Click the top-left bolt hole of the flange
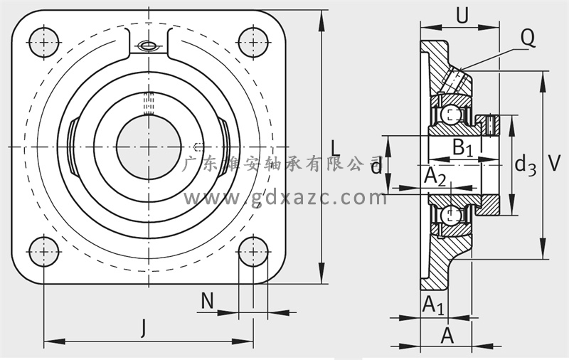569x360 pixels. click(44, 42)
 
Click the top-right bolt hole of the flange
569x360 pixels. click(253, 42)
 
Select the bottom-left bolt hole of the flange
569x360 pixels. click(44, 251)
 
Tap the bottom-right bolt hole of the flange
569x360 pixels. click(253, 251)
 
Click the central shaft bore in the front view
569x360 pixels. click(149, 147)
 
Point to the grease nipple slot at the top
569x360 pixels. click(149, 46)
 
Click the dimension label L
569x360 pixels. click(336, 149)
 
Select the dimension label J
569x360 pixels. click(144, 328)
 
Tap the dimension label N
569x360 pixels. click(207, 301)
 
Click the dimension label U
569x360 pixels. click(462, 15)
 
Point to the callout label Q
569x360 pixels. click(528, 37)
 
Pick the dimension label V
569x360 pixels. click(554, 163)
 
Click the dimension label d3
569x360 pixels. click(526, 165)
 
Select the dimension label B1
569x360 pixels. click(463, 148)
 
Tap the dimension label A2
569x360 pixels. click(435, 177)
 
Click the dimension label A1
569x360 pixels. click(433, 305)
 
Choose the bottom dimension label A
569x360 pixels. click(447, 335)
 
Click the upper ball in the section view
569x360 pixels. click(450, 115)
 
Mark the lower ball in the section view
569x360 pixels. click(450, 215)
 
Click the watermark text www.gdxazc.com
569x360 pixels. click(285, 198)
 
